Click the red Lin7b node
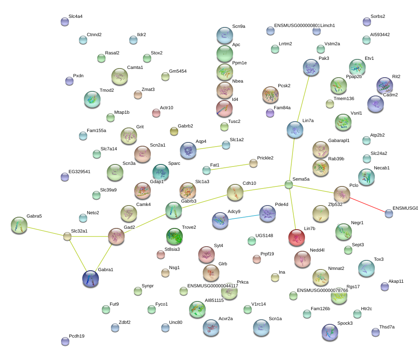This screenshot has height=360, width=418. click(296, 237)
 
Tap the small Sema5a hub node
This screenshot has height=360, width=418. click(289, 184)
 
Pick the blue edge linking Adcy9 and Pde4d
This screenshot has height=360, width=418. click(244, 217)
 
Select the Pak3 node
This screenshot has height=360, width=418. click(311, 68)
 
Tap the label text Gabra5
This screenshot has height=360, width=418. click(34, 216)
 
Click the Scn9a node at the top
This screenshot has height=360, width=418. click(224, 35)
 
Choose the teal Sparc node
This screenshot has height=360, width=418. click(161, 172)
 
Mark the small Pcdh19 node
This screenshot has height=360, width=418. click(65, 341)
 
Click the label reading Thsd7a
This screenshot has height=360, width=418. click(387, 327)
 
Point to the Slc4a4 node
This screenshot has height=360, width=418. click(65, 22)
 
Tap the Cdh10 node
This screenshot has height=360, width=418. click(235, 192)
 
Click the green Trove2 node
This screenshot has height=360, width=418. click(174, 236)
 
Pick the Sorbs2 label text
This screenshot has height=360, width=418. click(378, 17)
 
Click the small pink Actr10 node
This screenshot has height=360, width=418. click(156, 113)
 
